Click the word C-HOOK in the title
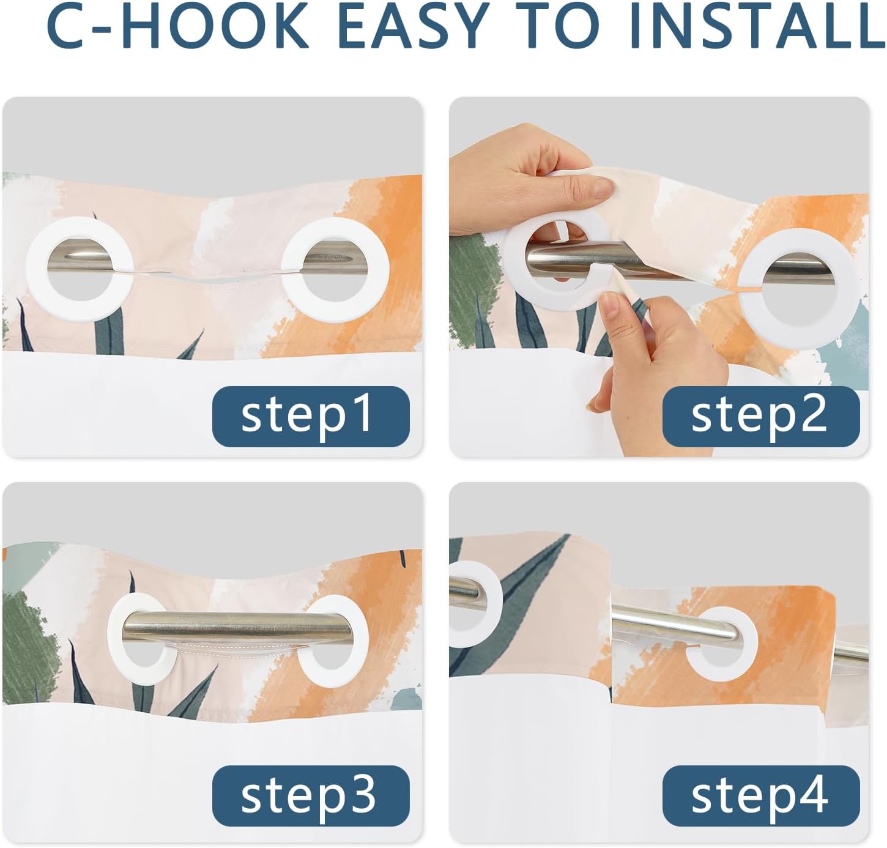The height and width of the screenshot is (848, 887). [x=177, y=26]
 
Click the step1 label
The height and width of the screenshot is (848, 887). [x=311, y=416]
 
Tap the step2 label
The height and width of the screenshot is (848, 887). [x=761, y=416]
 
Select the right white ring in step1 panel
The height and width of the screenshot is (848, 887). [x=292, y=270]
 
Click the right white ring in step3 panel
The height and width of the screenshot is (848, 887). [x=360, y=638]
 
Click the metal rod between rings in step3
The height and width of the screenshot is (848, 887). [x=237, y=629]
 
